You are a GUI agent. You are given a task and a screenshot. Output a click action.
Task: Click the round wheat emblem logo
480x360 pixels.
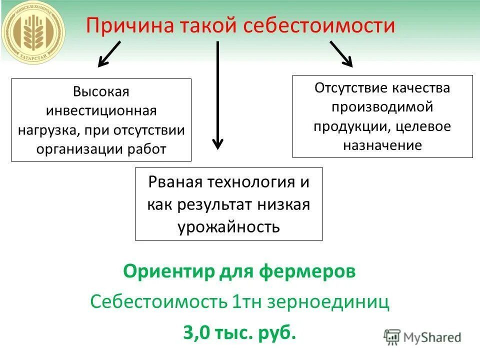[32, 32]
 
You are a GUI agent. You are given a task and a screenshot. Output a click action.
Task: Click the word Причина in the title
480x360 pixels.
[119, 25]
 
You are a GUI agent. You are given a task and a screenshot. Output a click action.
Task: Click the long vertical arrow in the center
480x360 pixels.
[217, 95]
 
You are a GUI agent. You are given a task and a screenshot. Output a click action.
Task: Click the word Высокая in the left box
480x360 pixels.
[101, 91]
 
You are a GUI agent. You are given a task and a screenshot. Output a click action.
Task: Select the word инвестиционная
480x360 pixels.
[101, 110]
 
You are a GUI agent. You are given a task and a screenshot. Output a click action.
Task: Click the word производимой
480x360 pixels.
[382, 107]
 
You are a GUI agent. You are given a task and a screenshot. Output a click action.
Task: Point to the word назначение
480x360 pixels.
[382, 145]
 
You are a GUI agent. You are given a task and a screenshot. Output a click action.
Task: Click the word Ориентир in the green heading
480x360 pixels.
[169, 272]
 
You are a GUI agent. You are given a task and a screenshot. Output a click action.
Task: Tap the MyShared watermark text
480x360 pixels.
[432, 337]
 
